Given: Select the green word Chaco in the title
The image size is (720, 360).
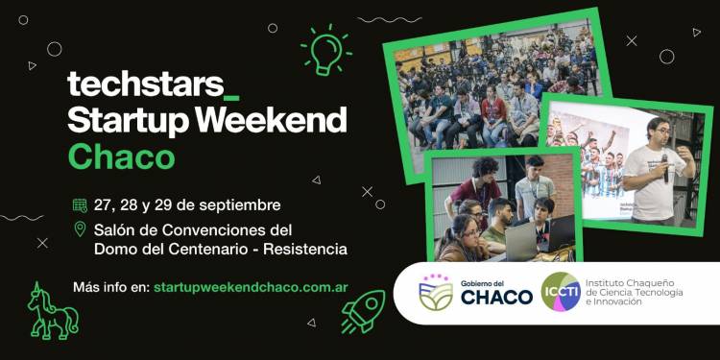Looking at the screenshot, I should point(121,156).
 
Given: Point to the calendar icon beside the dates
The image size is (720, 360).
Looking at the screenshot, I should point(80,204).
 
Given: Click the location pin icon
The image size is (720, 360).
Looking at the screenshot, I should point(80,229).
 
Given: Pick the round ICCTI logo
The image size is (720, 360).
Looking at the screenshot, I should point(561,292).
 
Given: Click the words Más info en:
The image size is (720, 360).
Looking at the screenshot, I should point(109,287).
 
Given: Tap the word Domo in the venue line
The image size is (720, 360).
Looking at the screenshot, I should point(116,250).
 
